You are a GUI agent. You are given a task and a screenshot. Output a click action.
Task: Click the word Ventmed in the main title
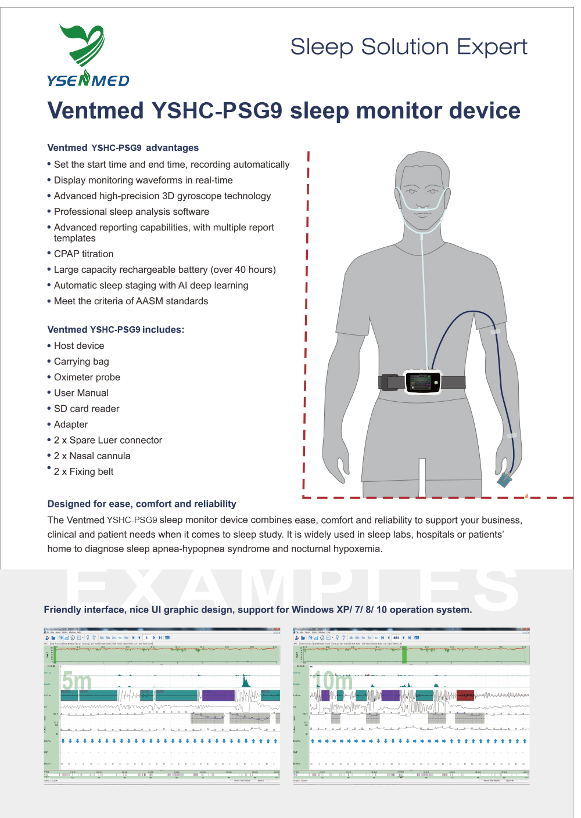point(95,111)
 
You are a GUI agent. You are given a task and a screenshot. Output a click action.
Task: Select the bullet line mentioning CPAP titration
point(84,254)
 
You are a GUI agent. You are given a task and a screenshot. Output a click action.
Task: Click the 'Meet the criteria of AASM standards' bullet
point(131,301)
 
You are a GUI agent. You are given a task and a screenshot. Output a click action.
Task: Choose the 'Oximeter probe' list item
point(87,377)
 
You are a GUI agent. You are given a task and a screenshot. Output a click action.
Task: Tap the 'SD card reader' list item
point(87,409)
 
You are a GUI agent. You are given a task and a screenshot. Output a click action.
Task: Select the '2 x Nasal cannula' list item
point(92,456)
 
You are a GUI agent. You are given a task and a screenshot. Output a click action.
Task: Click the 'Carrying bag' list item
point(81,362)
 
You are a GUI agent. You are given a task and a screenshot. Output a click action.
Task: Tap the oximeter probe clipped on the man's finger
point(504,480)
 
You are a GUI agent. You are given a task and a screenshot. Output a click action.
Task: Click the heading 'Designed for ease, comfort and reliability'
point(142,504)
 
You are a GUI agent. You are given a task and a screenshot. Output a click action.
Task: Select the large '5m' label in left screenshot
point(77,680)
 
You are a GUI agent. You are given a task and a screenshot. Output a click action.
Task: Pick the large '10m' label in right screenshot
point(332,680)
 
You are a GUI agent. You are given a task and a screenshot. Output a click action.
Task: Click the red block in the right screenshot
point(465,695)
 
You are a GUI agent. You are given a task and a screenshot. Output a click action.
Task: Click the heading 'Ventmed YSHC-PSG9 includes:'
point(116,330)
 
